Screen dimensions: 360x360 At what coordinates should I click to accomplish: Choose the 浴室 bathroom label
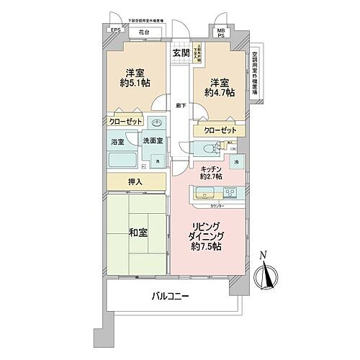(x=117, y=143)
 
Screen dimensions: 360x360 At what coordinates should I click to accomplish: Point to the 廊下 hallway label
(x=181, y=106)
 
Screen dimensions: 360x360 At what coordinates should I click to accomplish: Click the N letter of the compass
(x=264, y=254)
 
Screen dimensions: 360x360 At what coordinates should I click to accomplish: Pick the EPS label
(x=115, y=30)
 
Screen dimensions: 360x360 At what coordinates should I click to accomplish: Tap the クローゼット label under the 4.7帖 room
(x=219, y=130)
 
